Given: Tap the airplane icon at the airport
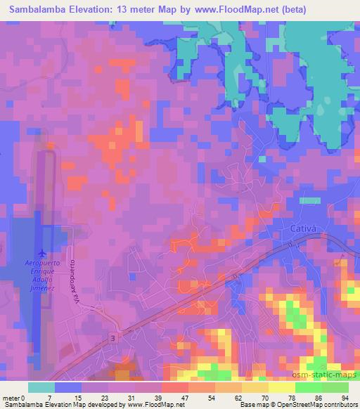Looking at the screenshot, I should [41, 252].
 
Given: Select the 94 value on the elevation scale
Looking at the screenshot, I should [346, 397].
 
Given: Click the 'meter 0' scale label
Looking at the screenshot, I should [14, 397].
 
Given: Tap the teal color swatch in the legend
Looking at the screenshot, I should [41, 387].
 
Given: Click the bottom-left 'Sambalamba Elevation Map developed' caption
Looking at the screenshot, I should [63, 405].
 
